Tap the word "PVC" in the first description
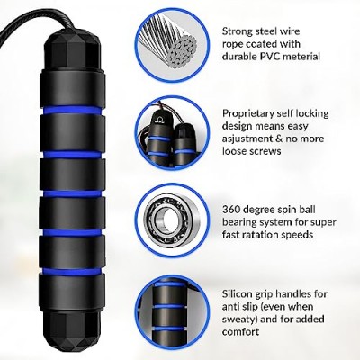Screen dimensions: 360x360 click(268, 57)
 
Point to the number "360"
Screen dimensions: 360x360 click(231, 209)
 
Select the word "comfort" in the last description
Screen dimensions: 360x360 click(241, 331)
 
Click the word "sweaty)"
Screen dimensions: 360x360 click(240, 319)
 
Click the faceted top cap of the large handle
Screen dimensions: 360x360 click(72, 49)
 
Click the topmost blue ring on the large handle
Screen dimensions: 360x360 click(72, 111)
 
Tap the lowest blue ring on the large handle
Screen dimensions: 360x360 click(72, 272)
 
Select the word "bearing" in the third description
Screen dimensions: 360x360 click(240, 222)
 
